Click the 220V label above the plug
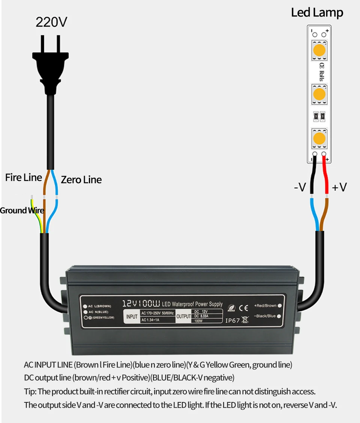pyautogui.click(x=51, y=22)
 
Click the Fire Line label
pyautogui.click(x=23, y=177)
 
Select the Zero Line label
pyautogui.click(x=81, y=180)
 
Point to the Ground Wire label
pyautogui.click(x=22, y=211)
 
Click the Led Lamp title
pyautogui.click(x=317, y=13)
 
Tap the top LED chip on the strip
pyautogui.click(x=319, y=50)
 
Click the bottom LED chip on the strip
pyautogui.click(x=319, y=138)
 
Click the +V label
pyautogui.click(x=339, y=187)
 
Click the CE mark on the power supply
pyautogui.click(x=243, y=309)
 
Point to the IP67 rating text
pyautogui.click(x=232, y=321)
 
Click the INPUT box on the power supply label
pyautogui.click(x=132, y=316)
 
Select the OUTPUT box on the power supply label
pyautogui.click(x=183, y=316)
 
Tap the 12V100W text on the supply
pyautogui.click(x=141, y=303)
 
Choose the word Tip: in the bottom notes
pyautogui.click(x=30, y=392)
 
